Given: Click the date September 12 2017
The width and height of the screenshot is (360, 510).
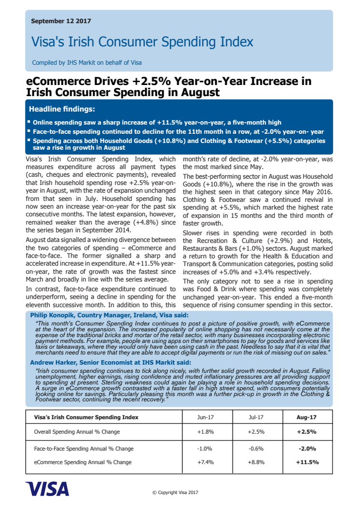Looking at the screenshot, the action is coord(61,21).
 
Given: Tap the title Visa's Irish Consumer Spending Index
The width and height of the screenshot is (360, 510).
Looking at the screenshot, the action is coord(142,42).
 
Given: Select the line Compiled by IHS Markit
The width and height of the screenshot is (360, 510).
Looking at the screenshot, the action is coord(87,62).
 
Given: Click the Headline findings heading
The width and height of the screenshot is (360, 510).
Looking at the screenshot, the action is coord(62,109).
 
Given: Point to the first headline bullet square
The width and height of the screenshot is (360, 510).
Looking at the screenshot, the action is coord(29,122).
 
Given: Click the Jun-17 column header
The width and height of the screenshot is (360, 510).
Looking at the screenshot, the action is coord(206,417).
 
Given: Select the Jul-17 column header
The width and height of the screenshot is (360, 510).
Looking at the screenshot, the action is coord(256,417).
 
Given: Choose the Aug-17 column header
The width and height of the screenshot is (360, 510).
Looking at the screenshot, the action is coord(306,417).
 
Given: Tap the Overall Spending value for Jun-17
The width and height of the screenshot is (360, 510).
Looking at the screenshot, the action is coord(206,432).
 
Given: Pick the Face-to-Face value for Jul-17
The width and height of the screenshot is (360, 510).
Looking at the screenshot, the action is coord(256,449).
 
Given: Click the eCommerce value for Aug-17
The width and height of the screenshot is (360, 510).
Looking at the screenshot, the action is coord(307,462).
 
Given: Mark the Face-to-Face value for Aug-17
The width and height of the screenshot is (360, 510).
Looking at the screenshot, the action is coord(307,449).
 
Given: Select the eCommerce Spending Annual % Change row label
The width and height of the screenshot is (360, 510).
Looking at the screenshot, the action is coord(83,462).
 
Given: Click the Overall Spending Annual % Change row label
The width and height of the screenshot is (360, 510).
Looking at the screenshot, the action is coord(77,432).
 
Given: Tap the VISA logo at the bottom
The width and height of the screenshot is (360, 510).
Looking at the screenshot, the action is coord(47,489).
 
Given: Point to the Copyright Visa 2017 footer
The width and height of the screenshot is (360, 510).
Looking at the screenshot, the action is coord(175,493).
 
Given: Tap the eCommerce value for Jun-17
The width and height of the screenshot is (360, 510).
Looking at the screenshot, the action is coord(206,462).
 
